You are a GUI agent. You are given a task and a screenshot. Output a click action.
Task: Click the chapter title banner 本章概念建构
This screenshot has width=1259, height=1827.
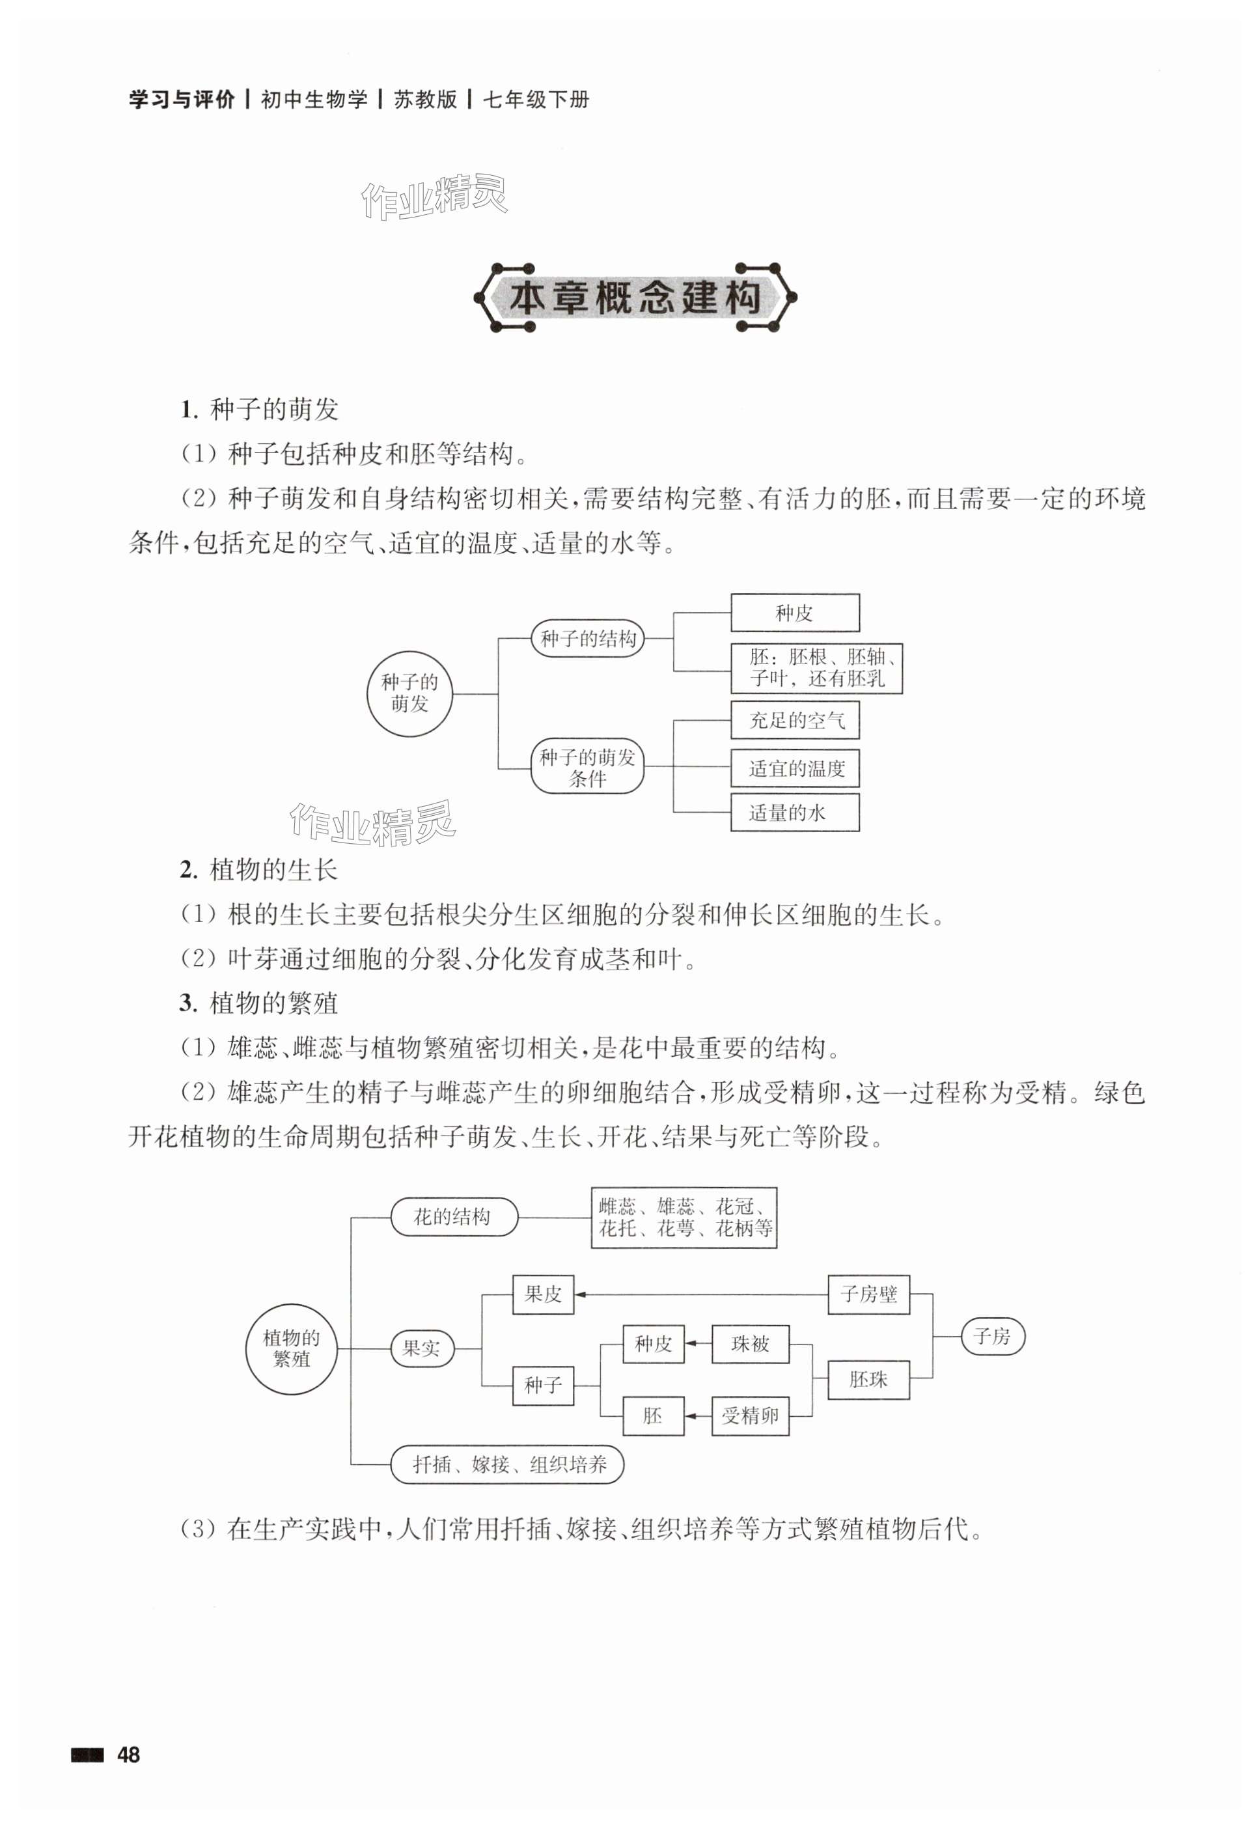pos(634,298)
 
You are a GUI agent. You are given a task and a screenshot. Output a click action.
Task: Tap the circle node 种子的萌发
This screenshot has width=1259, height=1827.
pos(409,693)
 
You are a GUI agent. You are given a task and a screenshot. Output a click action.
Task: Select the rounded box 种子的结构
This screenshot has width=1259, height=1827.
pos(588,638)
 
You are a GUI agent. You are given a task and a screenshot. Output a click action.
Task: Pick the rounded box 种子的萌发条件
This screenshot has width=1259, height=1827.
pos(588,767)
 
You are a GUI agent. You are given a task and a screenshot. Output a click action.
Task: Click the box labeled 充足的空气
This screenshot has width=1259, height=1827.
pos(794,720)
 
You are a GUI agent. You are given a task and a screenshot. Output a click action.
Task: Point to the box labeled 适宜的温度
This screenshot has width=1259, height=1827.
pos(794,768)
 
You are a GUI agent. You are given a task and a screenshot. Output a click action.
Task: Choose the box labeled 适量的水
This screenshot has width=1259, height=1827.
pos(794,813)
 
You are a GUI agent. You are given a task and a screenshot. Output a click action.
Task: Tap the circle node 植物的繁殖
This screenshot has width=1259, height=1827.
pos(292,1348)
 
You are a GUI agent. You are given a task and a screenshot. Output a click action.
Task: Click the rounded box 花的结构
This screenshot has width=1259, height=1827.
pos(454,1216)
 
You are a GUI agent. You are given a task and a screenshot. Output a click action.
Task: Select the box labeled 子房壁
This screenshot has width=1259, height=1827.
pos(868,1294)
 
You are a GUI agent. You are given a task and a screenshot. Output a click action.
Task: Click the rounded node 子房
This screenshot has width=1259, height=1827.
pos(991,1335)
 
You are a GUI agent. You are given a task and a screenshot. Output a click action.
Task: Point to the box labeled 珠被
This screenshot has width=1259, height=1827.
pos(749,1343)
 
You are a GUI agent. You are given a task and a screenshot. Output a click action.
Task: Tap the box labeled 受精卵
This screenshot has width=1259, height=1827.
pos(749,1416)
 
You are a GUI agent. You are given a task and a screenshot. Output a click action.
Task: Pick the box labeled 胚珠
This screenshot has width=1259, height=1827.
pos(868,1380)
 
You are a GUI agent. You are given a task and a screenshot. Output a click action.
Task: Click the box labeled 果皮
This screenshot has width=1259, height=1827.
pos(543,1294)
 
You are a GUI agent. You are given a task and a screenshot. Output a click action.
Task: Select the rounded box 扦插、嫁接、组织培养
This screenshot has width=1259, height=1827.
pos(507,1465)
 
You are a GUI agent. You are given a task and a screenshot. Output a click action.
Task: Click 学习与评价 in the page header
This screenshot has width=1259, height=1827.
pos(182,100)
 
